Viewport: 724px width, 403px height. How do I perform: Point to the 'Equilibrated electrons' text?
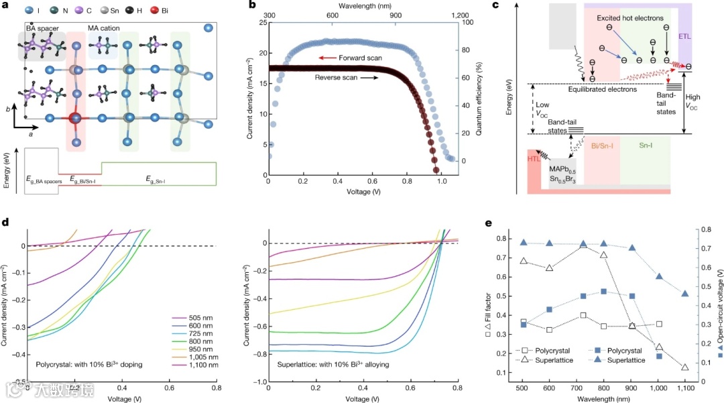[601, 89]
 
